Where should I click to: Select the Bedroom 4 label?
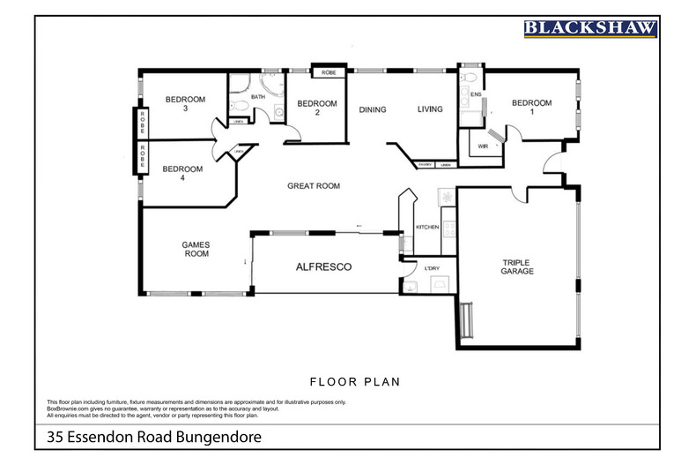point(183,174)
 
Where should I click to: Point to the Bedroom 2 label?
point(318,109)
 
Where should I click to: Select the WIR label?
point(483,146)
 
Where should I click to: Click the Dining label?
point(373,110)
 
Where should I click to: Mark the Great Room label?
point(314,186)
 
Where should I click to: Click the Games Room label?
point(195,250)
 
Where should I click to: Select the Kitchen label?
point(427,228)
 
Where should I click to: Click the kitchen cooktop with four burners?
point(448,228)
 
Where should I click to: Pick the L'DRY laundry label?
point(432,268)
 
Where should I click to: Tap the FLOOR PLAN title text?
point(355,382)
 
